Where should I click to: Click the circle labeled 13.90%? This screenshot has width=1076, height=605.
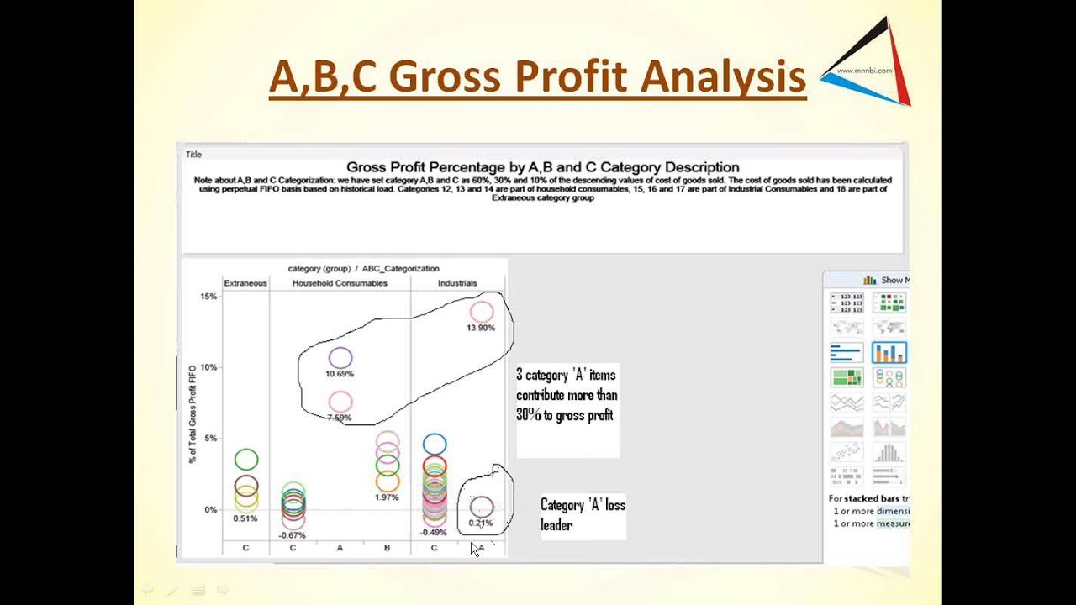point(482,312)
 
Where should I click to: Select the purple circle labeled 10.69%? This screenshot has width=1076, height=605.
point(340,358)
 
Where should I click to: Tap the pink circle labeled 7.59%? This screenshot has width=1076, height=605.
point(340,402)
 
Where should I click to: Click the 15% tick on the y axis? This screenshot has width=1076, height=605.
point(208,297)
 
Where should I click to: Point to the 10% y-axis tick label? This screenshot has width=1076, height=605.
point(208,367)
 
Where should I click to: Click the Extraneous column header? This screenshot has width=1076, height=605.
point(245,283)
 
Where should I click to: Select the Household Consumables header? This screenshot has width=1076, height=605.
point(340,283)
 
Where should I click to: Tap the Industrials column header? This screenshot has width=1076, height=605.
point(457,283)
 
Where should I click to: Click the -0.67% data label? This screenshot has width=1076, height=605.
point(293,535)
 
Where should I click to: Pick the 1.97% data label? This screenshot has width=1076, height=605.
point(387,497)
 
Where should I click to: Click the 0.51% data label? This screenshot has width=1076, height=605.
point(245,518)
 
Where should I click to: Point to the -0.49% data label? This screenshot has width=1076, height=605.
point(434,532)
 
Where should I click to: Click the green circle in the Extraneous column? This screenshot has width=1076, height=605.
point(246,459)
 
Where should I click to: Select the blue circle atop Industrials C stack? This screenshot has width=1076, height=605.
point(435,444)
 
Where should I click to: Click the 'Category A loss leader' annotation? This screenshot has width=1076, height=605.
point(583,514)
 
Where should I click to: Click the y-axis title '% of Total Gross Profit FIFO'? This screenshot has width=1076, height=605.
point(193,413)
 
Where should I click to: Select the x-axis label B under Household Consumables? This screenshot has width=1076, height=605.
point(387,548)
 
